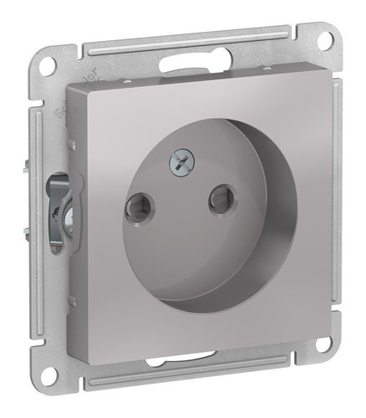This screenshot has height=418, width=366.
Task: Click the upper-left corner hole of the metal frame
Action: click(48, 65)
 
